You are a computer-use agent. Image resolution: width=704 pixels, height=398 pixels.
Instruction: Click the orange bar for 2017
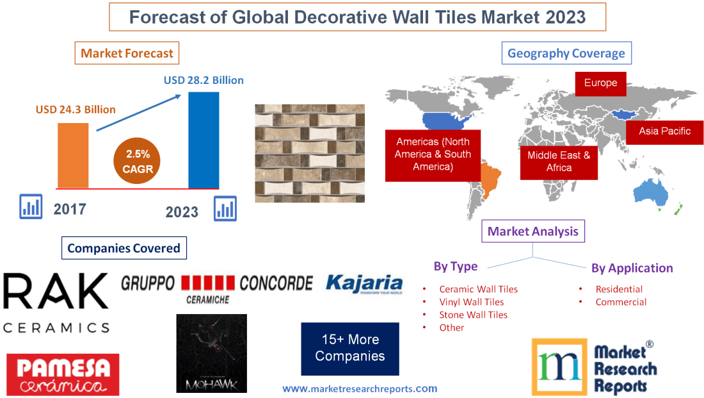click(x=73, y=154)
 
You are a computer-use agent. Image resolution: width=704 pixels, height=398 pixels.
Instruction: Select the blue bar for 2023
click(x=204, y=140)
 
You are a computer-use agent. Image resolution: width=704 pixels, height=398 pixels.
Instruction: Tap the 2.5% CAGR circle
click(x=137, y=162)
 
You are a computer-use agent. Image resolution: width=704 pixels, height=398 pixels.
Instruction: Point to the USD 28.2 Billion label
click(x=204, y=80)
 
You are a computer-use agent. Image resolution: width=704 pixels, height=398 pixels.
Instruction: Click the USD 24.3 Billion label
click(x=76, y=110)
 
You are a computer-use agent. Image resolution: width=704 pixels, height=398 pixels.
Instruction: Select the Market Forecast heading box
click(x=127, y=53)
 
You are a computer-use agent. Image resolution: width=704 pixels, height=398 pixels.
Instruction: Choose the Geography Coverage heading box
click(x=566, y=53)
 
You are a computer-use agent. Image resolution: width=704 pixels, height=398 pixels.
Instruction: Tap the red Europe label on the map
click(x=600, y=83)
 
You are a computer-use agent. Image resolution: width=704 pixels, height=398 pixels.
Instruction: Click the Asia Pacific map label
click(x=665, y=131)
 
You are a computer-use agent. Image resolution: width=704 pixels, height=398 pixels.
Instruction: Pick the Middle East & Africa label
click(x=559, y=161)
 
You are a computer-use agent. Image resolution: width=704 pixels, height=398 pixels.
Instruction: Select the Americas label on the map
click(x=433, y=154)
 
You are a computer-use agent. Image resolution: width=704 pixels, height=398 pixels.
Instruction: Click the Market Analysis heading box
click(x=532, y=231)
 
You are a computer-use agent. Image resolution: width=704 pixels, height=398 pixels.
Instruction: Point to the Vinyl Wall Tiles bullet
click(x=471, y=302)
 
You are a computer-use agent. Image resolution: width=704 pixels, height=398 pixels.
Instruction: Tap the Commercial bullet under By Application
click(x=621, y=302)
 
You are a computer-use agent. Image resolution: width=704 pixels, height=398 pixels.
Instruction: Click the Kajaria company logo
click(x=364, y=284)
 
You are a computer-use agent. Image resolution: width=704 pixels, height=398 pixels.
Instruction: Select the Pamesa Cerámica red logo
click(x=63, y=374)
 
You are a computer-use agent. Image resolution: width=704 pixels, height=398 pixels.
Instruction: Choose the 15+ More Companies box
click(x=350, y=348)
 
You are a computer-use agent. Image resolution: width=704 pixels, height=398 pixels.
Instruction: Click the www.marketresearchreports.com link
click(x=360, y=388)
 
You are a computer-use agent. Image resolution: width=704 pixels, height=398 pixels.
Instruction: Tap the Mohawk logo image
click(x=212, y=353)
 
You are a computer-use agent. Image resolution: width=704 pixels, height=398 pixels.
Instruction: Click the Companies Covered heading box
click(x=124, y=248)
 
